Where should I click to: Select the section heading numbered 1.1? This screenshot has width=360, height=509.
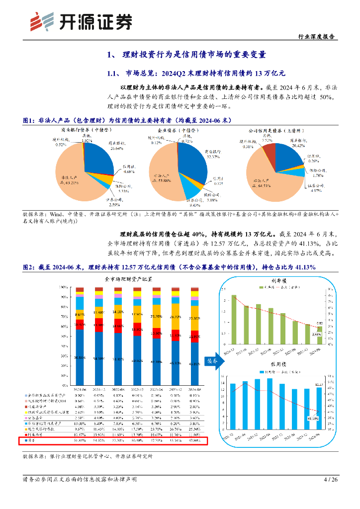pos(196,74)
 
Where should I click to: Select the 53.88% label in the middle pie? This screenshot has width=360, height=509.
pos(162,178)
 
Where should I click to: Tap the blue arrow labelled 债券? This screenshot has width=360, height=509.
pos(212,361)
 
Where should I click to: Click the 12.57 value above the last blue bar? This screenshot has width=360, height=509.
pos(320,385)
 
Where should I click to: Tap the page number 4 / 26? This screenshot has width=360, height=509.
pos(330,480)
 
